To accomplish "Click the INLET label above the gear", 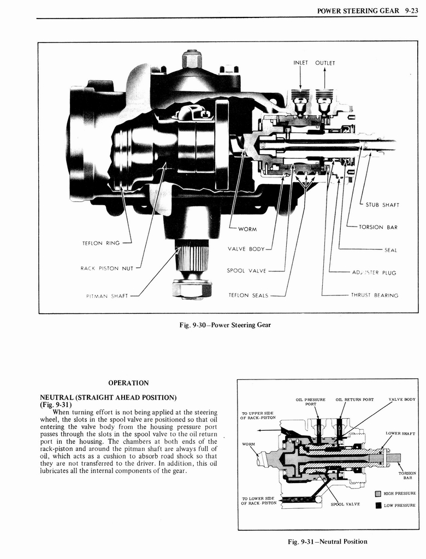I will click(301, 63).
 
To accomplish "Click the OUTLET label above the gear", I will click(325, 63).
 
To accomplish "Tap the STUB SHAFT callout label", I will click(382, 205).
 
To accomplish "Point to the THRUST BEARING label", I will click(374, 295).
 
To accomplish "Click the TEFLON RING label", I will click(101, 243).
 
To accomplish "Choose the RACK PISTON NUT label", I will click(107, 267).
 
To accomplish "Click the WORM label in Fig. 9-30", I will click(247, 228).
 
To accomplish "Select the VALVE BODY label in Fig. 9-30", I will click(246, 249).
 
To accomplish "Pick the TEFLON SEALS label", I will click(248, 295).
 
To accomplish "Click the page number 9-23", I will click(408, 9).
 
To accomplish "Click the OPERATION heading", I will click(128, 383).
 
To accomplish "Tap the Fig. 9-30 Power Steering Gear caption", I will click(225, 325).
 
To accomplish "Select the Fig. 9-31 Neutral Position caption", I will click(328, 542).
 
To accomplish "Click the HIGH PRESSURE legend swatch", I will click(377, 494).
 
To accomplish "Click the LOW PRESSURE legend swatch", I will click(377, 505).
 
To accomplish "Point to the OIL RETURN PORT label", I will click(354, 400).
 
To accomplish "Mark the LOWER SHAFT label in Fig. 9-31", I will click(400, 433).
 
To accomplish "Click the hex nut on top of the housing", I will click(192, 59).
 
